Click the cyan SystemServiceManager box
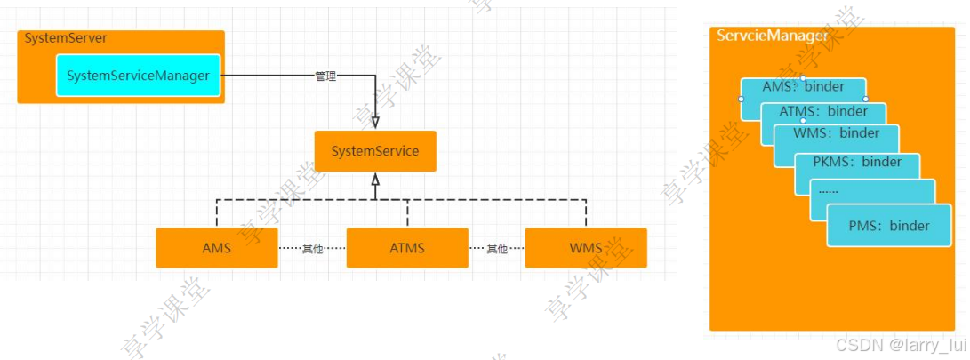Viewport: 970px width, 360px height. [138, 76]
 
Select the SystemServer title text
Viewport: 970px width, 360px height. [66, 38]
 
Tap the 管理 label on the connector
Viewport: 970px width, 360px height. [325, 76]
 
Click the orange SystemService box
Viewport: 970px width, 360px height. [375, 151]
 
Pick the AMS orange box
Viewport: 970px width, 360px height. [216, 248]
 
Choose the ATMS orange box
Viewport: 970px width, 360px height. [406, 248]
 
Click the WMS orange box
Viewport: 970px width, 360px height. [585, 248]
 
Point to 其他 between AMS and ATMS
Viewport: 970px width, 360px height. [312, 249]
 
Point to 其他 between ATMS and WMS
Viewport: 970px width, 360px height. [496, 249]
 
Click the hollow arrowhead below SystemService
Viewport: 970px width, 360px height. [375, 180]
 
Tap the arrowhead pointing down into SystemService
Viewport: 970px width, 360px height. [375, 122]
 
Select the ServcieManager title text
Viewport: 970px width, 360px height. [773, 36]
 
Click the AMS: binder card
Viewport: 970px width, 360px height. [803, 88]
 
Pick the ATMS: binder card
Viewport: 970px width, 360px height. [823, 111]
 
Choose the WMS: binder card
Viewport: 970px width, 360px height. [836, 133]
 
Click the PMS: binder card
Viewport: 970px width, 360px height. [889, 226]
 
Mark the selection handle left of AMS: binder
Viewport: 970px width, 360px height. [741, 99]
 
